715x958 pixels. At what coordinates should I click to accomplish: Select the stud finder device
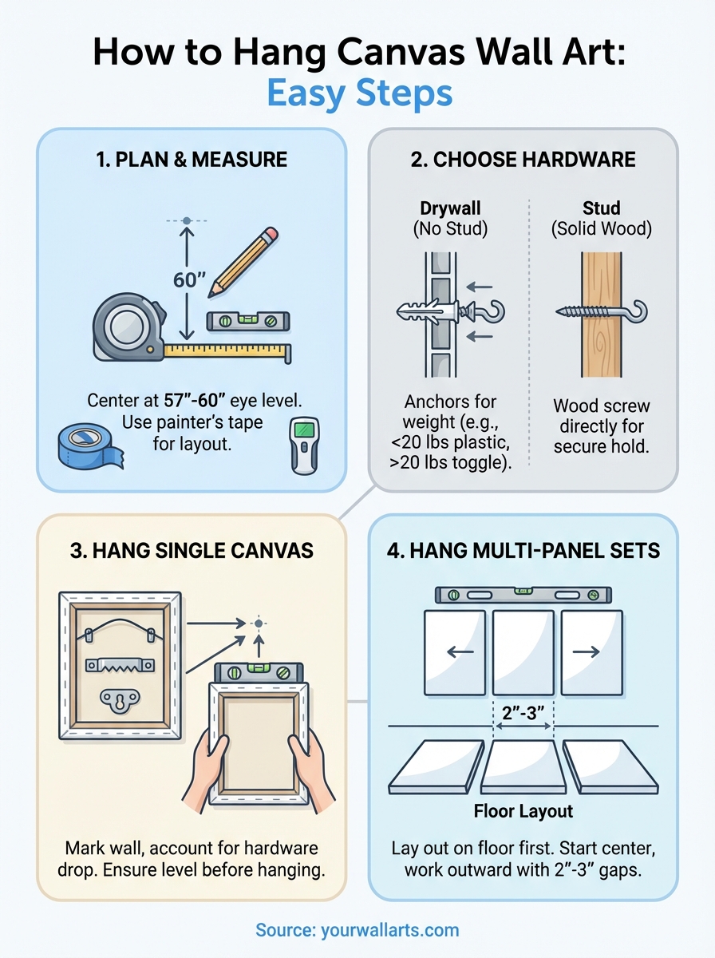pyautogui.click(x=304, y=445)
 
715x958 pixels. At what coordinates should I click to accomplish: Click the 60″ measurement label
pyautogui.click(x=189, y=281)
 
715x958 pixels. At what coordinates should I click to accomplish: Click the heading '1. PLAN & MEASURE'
pyautogui.click(x=192, y=159)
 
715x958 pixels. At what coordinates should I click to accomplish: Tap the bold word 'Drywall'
pyautogui.click(x=452, y=209)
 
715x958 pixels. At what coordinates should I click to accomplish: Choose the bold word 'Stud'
pyautogui.click(x=601, y=209)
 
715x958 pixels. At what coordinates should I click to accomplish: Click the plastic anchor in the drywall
pyautogui.click(x=428, y=312)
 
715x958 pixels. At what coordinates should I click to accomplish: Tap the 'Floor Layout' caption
pyautogui.click(x=523, y=811)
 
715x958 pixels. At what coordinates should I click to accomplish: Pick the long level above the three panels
pyautogui.click(x=523, y=595)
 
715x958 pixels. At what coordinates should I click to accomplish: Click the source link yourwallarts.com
pyautogui.click(x=357, y=929)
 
